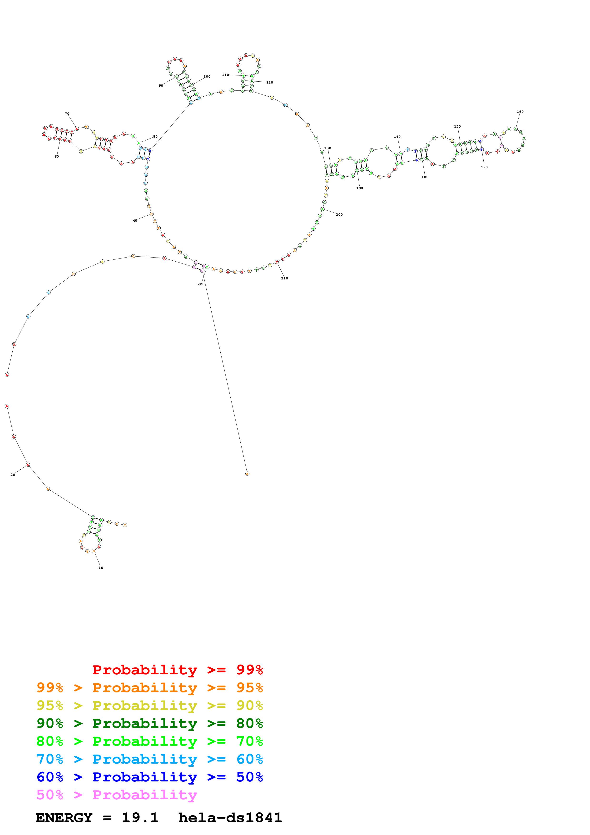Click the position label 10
coord(101,568)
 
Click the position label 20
coord(13,475)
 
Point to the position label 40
coord(135,221)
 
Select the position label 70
coord(67,114)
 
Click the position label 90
coord(161,86)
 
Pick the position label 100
coord(207,77)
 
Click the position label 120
coord(269,83)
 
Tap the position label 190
coord(360,188)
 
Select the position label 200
coord(339,214)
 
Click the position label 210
coord(284,278)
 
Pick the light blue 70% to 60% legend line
coord(149,759)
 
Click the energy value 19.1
coord(140,818)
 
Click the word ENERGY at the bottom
coord(64,818)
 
